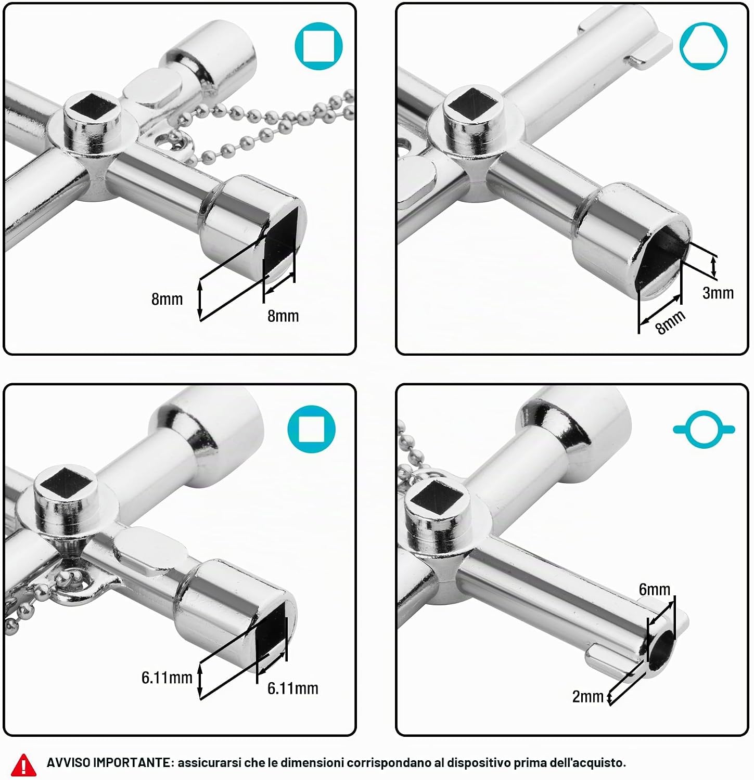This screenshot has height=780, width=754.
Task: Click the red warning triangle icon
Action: coord(23,763)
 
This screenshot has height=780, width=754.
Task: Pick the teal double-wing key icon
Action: coord(704,430)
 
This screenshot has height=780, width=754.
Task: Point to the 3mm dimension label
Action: coord(718,293)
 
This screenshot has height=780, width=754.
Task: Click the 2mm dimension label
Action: coord(587,697)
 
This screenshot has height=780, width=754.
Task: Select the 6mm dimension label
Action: coord(655,589)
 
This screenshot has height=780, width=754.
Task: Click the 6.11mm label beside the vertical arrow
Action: coord(167,678)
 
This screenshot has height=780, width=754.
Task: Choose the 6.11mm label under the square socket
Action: coord(292,688)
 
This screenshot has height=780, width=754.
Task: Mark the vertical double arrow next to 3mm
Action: coord(714,266)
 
